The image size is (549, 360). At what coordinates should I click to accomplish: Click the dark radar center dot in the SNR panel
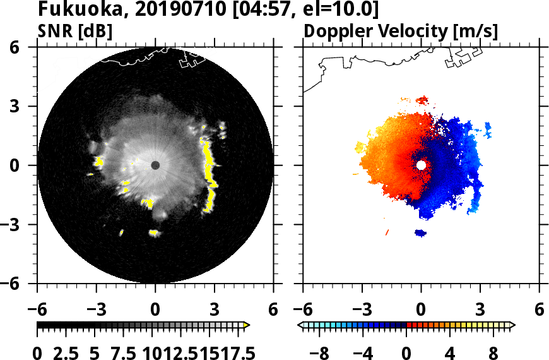tap(155, 165)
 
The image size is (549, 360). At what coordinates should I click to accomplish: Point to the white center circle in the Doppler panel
tap(421, 165)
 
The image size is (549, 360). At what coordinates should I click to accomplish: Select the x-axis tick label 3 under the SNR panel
tap(215, 311)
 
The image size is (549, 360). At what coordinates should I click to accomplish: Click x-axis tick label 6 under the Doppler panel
tap(539, 311)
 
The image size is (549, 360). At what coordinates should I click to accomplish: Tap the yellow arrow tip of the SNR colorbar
tap(247, 325)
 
